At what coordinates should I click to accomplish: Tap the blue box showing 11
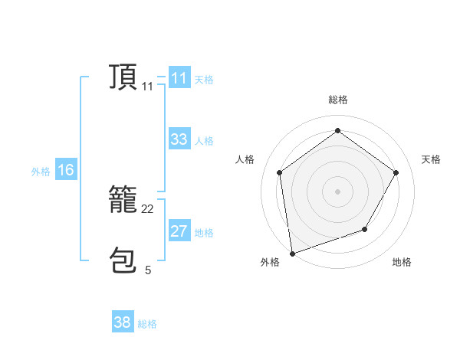179,78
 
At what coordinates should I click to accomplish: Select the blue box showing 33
179,139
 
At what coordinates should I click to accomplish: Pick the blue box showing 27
179,231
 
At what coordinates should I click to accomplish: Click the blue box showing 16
65,170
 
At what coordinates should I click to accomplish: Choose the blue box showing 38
122,322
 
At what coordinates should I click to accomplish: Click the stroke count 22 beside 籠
148,209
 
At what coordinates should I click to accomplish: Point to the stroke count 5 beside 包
148,270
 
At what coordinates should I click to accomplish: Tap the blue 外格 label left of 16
41,172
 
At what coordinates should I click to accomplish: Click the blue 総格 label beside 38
147,324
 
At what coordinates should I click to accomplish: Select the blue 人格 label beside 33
204,141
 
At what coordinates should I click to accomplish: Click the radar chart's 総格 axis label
338,100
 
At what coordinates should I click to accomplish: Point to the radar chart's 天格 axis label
431,159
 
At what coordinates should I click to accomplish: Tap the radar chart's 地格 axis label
402,262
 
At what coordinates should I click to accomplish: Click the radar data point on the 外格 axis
291,253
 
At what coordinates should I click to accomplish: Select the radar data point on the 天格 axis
396,172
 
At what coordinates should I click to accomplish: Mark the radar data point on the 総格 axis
337,130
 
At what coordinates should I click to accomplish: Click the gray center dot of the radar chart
337,191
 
